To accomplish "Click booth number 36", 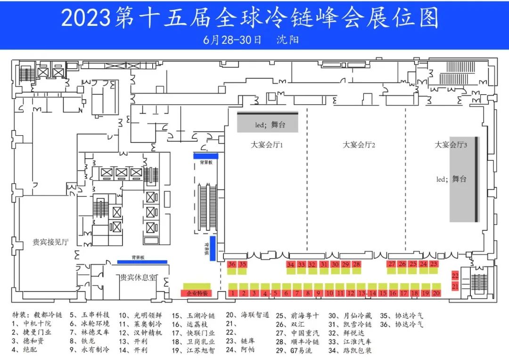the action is point(231,264).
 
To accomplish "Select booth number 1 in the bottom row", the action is point(233,293).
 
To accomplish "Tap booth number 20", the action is point(436,293).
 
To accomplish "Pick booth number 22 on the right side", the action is point(455,276).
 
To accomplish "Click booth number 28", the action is point(356,264).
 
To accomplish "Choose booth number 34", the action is point(290,265).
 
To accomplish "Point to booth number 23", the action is point(434,264).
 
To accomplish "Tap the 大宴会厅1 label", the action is point(267,145).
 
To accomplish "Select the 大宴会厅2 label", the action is point(359,145).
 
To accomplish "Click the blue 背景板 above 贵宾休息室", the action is point(142,262).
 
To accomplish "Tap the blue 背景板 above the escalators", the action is point(205,155).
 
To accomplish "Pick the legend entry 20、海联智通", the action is point(247,315).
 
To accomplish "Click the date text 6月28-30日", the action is point(232,39).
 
